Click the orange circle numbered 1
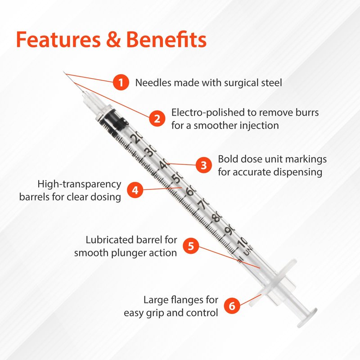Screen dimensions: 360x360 121,82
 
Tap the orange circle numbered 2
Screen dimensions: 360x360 157,118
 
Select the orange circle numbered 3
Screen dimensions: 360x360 204,165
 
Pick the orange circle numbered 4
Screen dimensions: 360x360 135,190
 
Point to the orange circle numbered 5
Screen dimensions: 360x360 191,246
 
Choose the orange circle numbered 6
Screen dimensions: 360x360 232,306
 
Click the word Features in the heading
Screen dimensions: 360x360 58,40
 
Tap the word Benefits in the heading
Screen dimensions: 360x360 166,39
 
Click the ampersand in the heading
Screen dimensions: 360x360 113,40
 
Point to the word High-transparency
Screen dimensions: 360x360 79,184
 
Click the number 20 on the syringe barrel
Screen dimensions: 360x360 136,138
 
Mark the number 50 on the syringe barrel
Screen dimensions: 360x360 177,177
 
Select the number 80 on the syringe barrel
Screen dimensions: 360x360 216,216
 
